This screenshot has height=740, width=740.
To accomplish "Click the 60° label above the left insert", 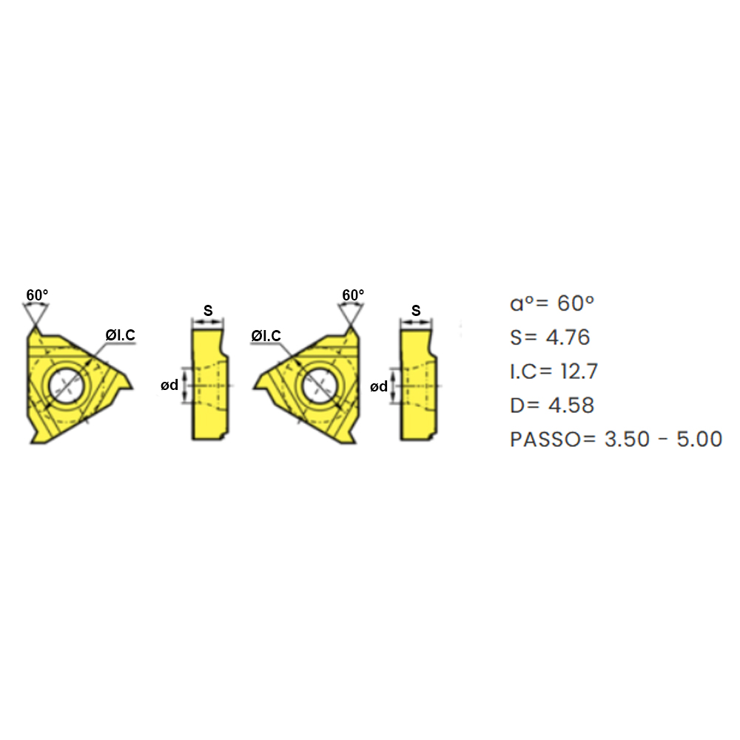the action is click(x=37, y=295).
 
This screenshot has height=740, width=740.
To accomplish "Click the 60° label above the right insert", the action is click(x=353, y=295).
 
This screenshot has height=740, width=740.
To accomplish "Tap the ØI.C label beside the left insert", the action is click(x=120, y=335).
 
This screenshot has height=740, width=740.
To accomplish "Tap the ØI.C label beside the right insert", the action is click(x=266, y=335).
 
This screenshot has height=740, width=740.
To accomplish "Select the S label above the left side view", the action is click(x=208, y=311).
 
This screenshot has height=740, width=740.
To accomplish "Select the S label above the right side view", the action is click(x=416, y=311).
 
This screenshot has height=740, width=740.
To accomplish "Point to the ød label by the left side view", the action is click(x=169, y=385).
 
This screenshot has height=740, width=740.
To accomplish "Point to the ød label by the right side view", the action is click(x=378, y=386).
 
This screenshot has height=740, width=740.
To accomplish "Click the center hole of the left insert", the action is click(x=66, y=386).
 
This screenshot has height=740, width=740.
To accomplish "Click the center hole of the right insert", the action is click(x=319, y=386).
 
